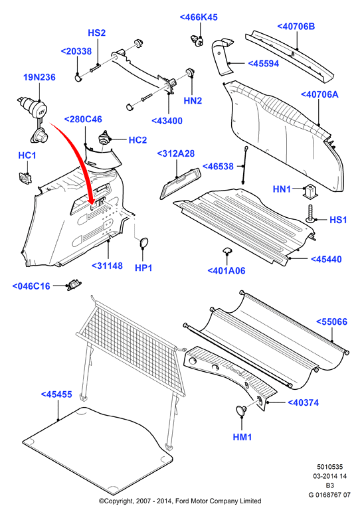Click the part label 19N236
(39, 77)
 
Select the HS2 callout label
(97, 33)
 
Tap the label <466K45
(199, 17)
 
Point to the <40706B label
(296, 26)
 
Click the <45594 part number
(264, 64)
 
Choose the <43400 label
(167, 121)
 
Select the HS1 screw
(310, 214)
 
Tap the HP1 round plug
(144, 242)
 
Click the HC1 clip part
(25, 177)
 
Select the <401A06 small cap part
(226, 251)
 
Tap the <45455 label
(56, 394)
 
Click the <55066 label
(331, 322)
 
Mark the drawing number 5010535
(329, 467)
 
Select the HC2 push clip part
(105, 137)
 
